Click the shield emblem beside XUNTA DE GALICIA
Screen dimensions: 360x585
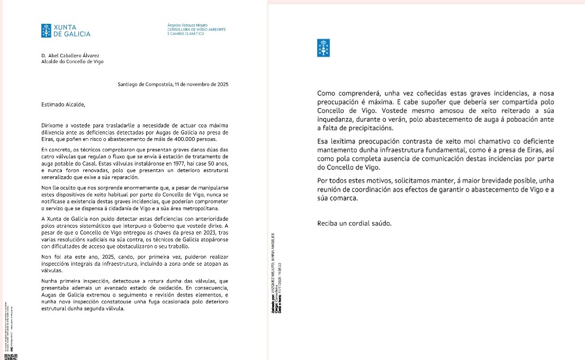click(47, 31)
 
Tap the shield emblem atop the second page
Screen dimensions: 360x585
click(323, 48)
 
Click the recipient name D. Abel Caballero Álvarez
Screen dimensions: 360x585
click(70, 55)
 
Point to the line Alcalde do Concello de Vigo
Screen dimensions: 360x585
click(72, 61)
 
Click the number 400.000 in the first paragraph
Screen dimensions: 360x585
click(185, 139)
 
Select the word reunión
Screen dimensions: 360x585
click(330, 190)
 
